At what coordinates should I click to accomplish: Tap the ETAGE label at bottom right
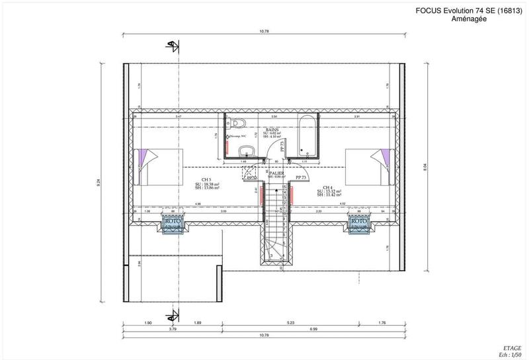[511, 347]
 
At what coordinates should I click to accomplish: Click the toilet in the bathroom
[239, 124]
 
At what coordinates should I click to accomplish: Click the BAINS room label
[272, 130]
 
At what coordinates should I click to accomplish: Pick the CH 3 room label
[207, 179]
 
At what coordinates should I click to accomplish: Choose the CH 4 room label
[329, 187]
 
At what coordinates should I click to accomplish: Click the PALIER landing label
[276, 173]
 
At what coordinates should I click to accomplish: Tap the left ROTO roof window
[173, 224]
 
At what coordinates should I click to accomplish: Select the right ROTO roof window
[359, 224]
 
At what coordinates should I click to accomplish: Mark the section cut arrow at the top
[173, 46]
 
